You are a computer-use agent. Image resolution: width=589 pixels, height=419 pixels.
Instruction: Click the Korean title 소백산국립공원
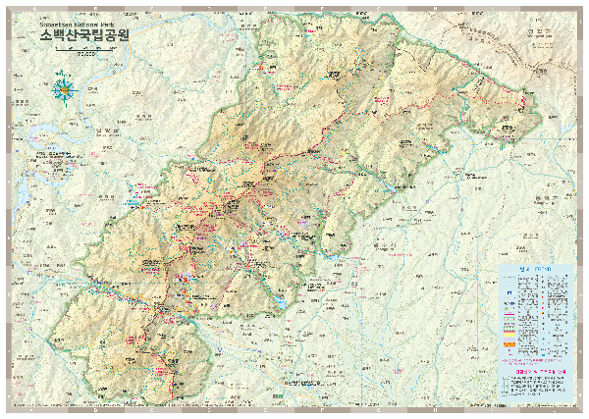click(x=85, y=34)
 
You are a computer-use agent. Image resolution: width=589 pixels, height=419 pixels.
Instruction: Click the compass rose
click(x=66, y=90)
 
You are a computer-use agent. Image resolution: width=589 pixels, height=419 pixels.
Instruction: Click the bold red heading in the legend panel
click(x=535, y=370)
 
